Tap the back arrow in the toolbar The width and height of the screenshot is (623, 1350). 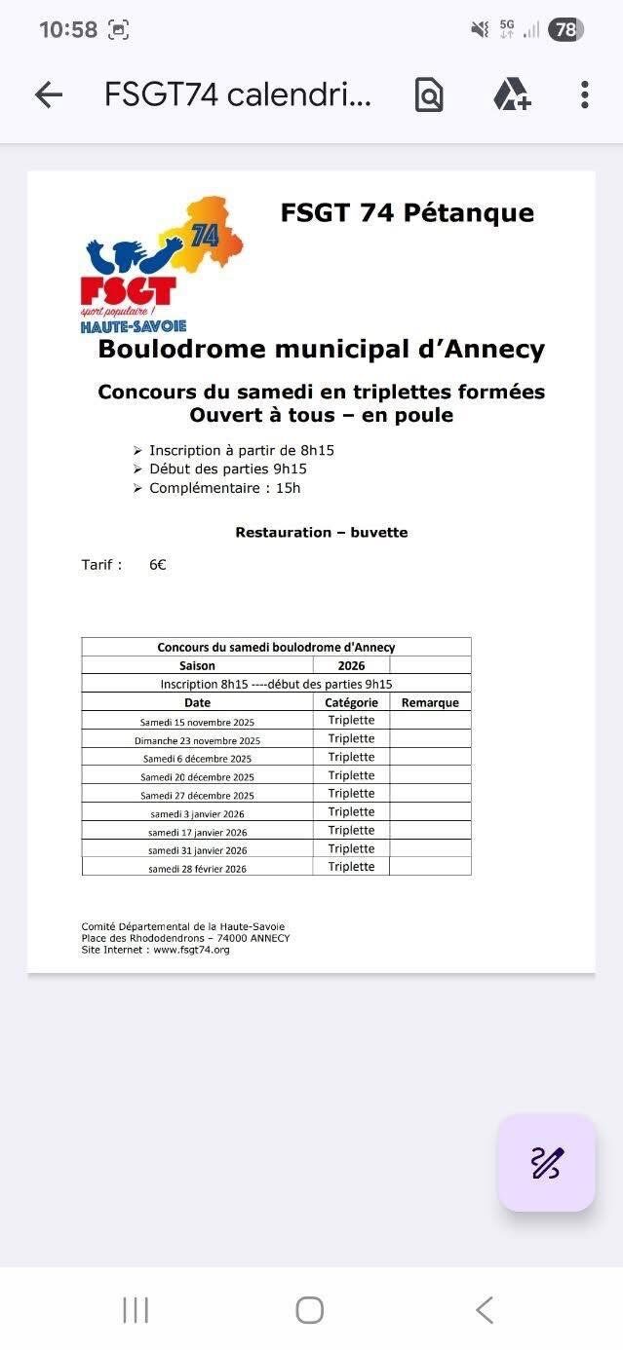(x=48, y=94)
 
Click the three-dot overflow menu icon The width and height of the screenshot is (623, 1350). (x=584, y=94)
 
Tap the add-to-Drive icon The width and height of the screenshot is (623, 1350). (x=511, y=94)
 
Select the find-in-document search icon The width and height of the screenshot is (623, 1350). (x=429, y=94)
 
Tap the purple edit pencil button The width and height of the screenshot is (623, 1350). (x=546, y=1162)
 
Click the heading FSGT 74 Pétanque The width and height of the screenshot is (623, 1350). (x=407, y=212)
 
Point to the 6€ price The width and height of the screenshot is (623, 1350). (x=158, y=565)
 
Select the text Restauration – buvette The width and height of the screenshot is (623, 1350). (x=322, y=533)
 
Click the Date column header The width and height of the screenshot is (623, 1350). (x=197, y=702)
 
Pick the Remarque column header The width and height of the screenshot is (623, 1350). (x=430, y=702)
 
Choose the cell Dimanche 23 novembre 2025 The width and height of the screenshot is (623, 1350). (x=197, y=740)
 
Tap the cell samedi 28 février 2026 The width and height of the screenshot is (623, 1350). (x=197, y=869)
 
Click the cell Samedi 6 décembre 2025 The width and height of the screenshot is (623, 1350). (x=197, y=759)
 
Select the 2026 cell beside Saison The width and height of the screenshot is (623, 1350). (x=351, y=666)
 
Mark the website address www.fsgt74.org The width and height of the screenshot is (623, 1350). (x=191, y=950)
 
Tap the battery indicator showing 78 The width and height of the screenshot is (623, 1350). (x=565, y=30)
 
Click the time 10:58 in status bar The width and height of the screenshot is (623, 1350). (x=68, y=30)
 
